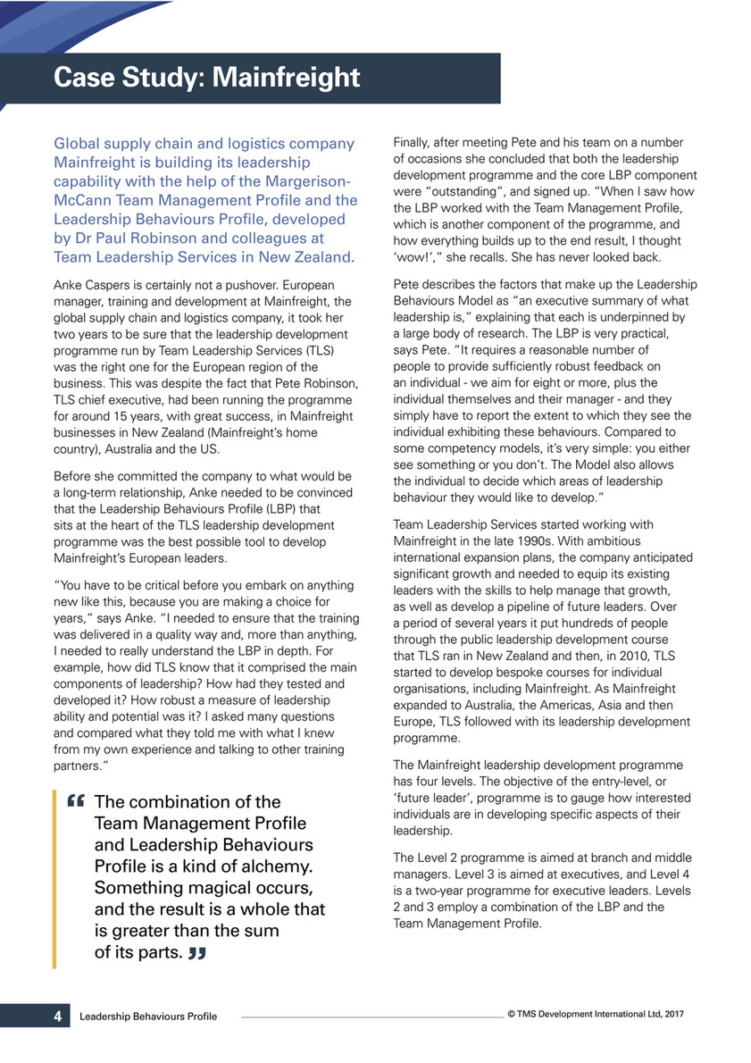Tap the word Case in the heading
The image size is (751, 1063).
point(87,78)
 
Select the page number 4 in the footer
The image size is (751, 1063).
point(57,1016)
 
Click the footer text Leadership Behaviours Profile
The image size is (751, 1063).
point(147,1017)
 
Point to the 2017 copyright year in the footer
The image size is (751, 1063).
point(672,1015)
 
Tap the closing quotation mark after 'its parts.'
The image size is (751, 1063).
point(197,954)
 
